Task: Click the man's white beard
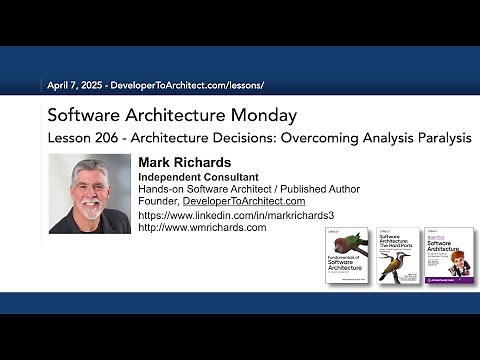(x=90, y=213)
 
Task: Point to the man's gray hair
(x=88, y=166)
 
